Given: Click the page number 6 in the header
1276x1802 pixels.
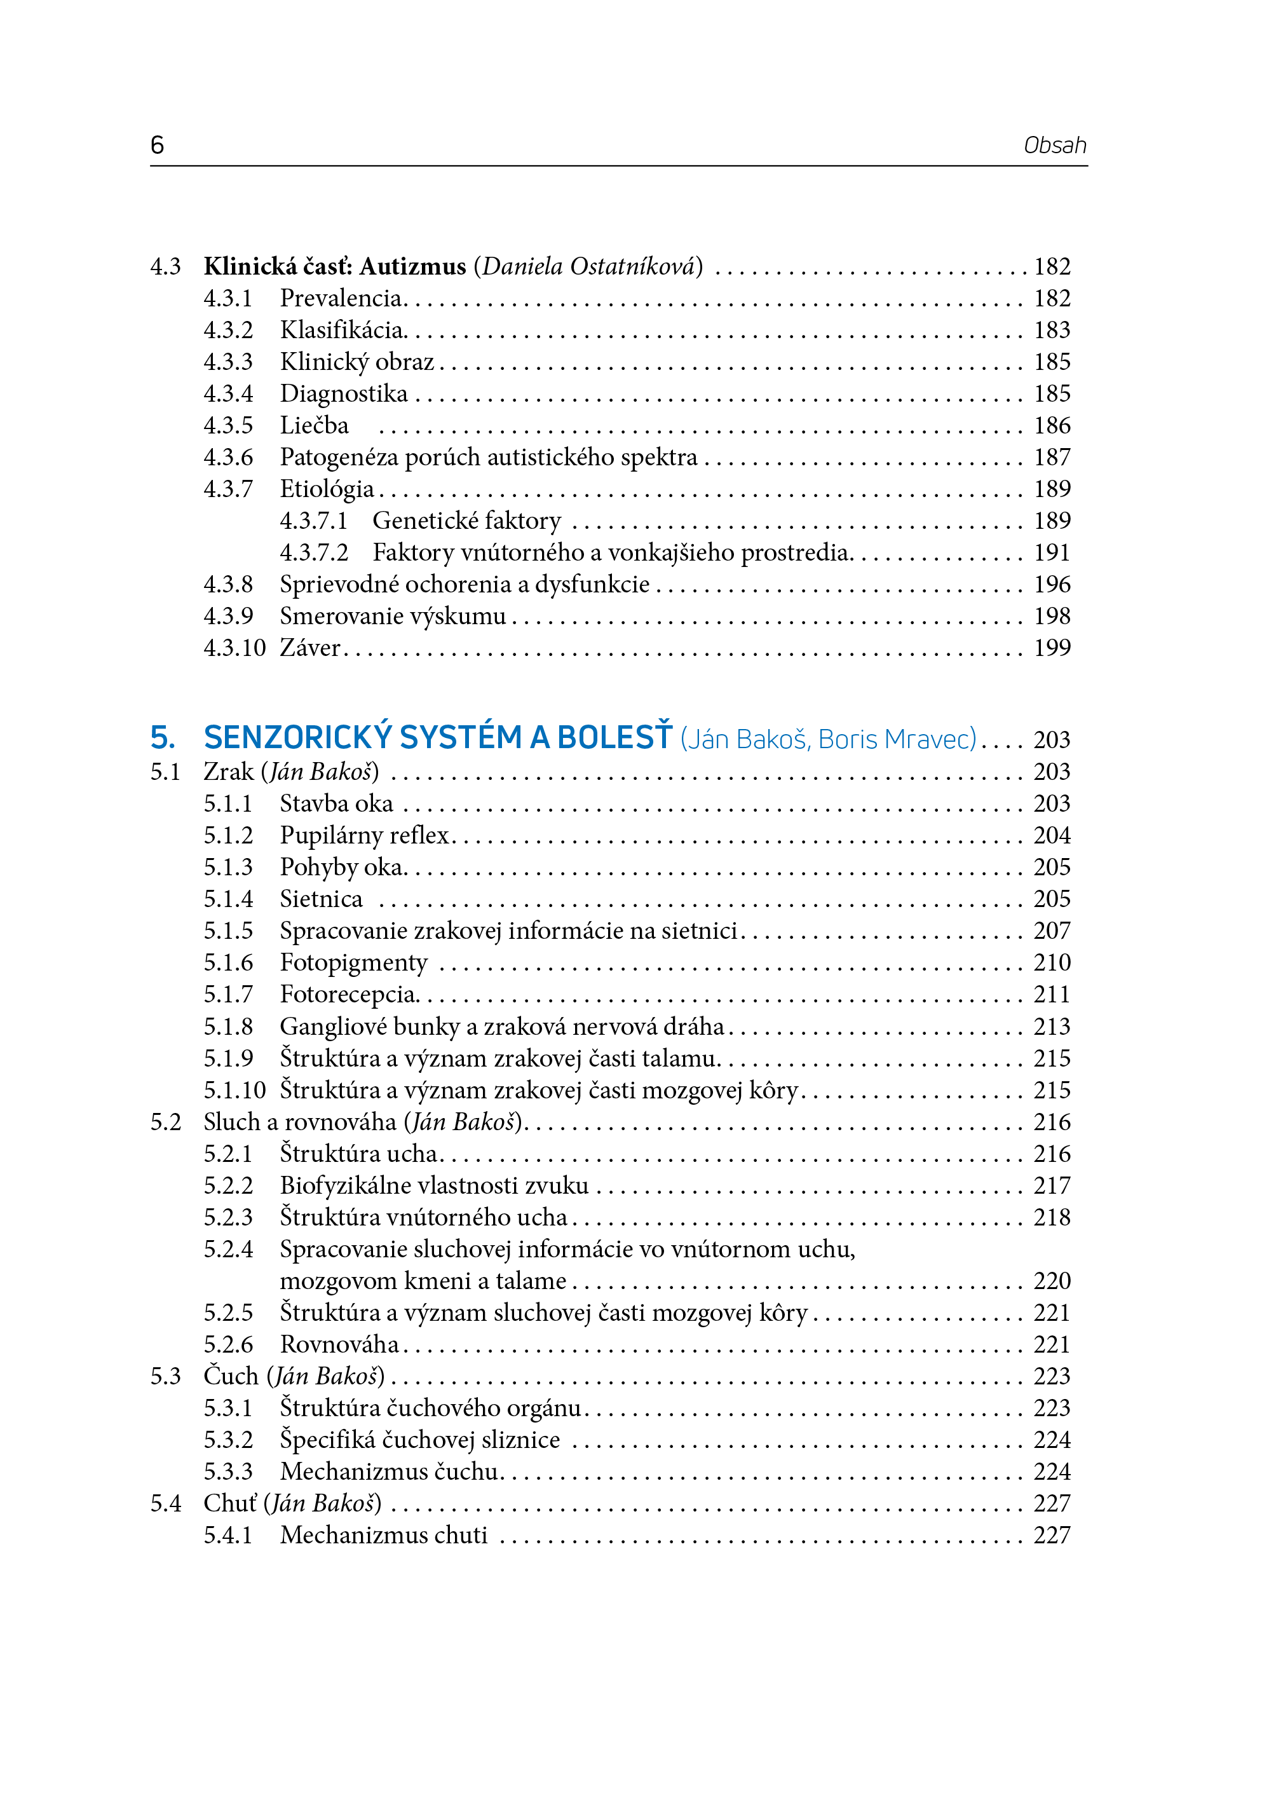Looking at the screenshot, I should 157,146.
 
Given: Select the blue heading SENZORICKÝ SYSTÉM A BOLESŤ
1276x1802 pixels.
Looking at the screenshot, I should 438,738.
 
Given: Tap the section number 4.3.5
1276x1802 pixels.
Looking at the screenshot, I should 228,426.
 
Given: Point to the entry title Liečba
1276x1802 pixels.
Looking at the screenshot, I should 315,426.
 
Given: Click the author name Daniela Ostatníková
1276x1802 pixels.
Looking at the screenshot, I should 588,267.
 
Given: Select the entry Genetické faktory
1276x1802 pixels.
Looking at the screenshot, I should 466,521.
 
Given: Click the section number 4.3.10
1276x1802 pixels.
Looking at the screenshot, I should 234,648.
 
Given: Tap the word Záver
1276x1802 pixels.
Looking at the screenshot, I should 310,648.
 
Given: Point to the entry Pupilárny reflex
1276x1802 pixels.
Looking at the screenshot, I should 365,835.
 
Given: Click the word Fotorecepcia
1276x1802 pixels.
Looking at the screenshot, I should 348,995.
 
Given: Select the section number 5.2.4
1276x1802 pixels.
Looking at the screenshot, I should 228,1250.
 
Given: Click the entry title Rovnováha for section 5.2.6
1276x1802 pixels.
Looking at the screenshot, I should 339,1344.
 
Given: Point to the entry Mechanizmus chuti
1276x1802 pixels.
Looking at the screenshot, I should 383,1536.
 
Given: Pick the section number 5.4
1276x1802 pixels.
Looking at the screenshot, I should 165,1503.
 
